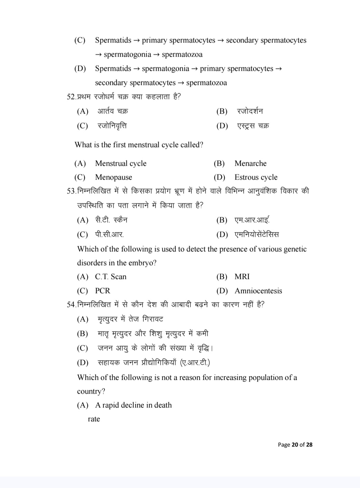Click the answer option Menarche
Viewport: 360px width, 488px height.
[250, 163]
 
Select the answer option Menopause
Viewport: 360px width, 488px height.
[113, 177]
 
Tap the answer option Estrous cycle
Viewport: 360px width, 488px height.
[256, 177]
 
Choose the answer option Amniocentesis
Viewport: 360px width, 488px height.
[258, 291]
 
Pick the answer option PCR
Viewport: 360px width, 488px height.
[102, 291]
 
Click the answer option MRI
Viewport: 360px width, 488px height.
[242, 277]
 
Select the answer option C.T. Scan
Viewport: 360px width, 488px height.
[111, 277]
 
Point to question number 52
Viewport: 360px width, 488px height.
[70, 97]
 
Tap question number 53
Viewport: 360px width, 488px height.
[70, 191]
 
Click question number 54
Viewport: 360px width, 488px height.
[70, 305]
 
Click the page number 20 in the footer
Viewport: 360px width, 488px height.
[295, 444]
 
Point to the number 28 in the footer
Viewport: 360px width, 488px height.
[309, 444]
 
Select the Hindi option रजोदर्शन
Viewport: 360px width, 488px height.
[250, 111]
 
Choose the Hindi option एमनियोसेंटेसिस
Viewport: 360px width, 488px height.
[256, 235]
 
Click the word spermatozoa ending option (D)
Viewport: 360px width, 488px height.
[206, 83]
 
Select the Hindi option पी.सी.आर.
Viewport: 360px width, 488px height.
[109, 235]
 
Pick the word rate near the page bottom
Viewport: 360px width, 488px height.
[94, 419]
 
